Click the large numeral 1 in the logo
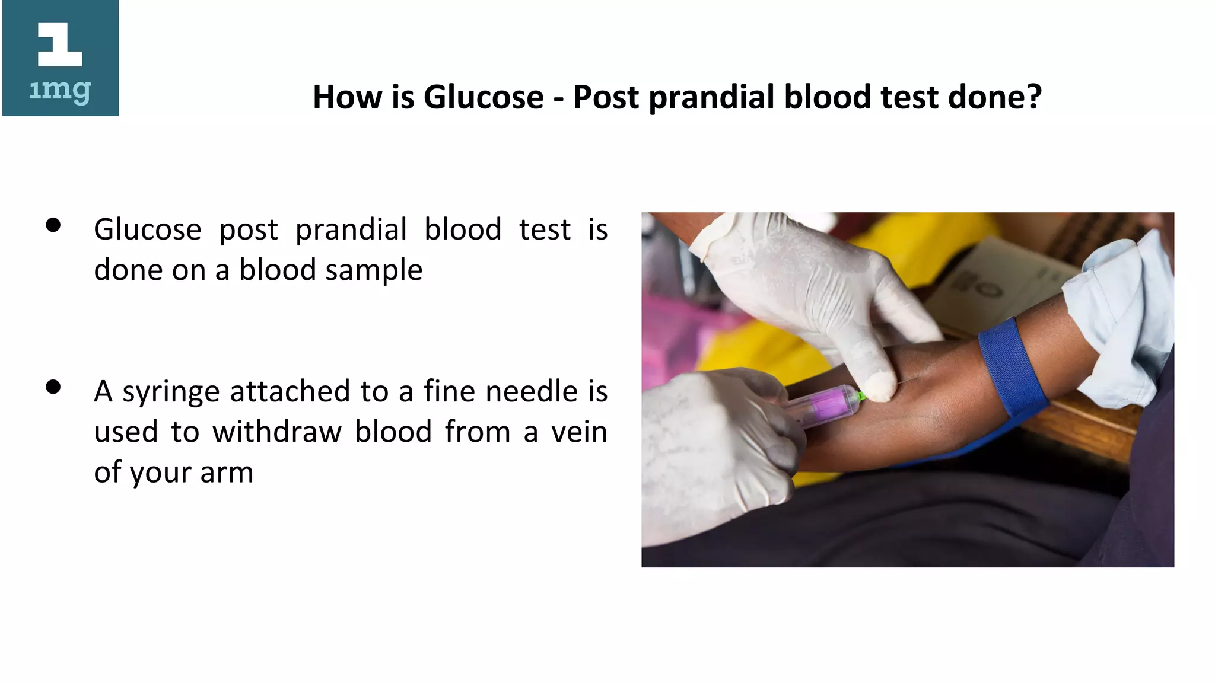59,44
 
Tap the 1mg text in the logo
60,91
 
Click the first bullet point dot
53,225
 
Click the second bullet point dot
53,387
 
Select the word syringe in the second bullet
171,392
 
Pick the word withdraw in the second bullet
277,432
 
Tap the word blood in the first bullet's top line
463,229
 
